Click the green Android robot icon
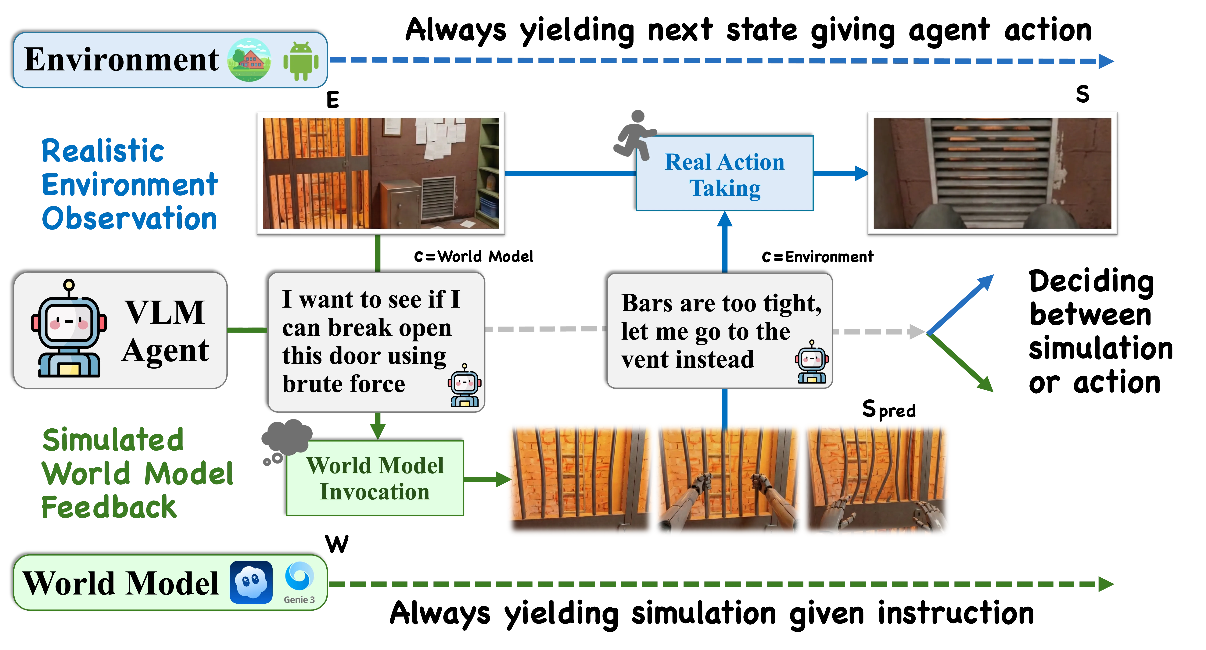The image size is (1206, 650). [301, 61]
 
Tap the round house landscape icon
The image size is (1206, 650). [249, 60]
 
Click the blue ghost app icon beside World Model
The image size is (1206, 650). [251, 582]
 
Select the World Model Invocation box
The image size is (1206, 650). [375, 478]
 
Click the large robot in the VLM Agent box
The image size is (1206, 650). [69, 330]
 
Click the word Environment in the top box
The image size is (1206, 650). [121, 60]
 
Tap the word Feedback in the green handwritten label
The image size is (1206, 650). [109, 507]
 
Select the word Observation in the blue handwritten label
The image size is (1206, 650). [130, 219]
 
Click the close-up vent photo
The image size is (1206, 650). [992, 173]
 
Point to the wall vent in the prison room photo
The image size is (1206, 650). [438, 198]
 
